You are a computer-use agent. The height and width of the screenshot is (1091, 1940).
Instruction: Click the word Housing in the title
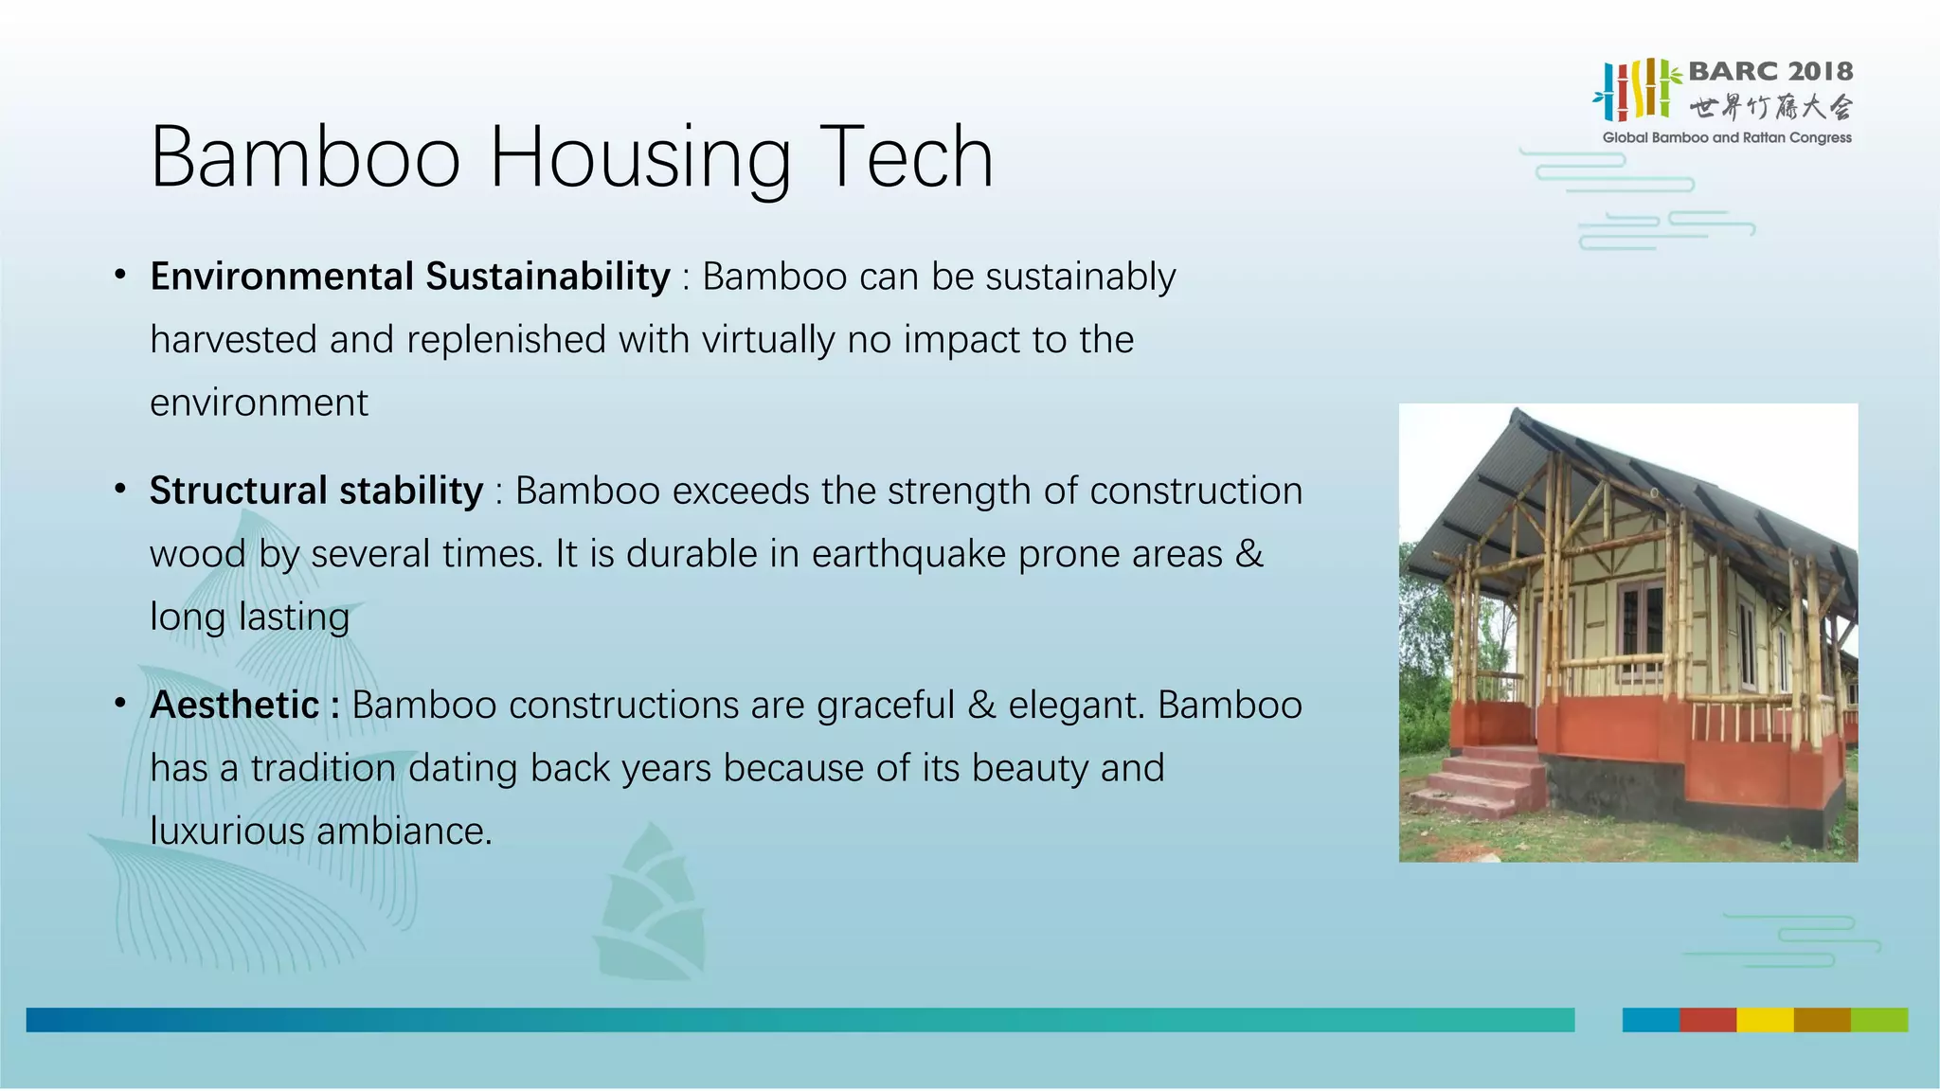[x=639, y=159]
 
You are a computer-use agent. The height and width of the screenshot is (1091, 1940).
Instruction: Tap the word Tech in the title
[x=907, y=157]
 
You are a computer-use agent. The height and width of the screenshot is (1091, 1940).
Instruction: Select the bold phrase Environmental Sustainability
[x=409, y=277]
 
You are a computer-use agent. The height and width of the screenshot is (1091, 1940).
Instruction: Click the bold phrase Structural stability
[x=316, y=491]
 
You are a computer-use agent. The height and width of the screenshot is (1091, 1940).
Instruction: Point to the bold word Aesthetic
[x=235, y=705]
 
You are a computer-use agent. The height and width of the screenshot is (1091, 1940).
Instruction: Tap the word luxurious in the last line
[x=227, y=832]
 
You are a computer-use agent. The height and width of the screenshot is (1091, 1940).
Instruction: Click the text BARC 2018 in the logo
[x=1769, y=71]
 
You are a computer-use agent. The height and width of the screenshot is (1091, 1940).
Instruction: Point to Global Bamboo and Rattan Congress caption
[x=1726, y=137]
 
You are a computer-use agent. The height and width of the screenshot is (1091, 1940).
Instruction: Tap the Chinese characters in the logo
[x=1769, y=107]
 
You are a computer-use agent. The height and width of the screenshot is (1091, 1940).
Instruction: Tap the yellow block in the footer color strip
[x=1765, y=1020]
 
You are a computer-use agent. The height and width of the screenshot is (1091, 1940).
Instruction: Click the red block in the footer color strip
[x=1707, y=1020]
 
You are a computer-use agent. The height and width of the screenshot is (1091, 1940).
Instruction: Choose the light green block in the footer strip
[x=1879, y=1020]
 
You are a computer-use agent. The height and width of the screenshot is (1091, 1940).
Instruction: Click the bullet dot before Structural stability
[x=120, y=490]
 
